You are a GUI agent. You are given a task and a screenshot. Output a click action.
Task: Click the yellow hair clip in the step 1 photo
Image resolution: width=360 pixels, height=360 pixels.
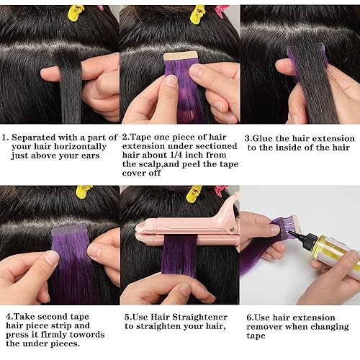coord(76,12)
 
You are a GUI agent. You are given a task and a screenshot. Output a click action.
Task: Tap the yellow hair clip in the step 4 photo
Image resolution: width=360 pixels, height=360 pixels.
coord(84,191)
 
